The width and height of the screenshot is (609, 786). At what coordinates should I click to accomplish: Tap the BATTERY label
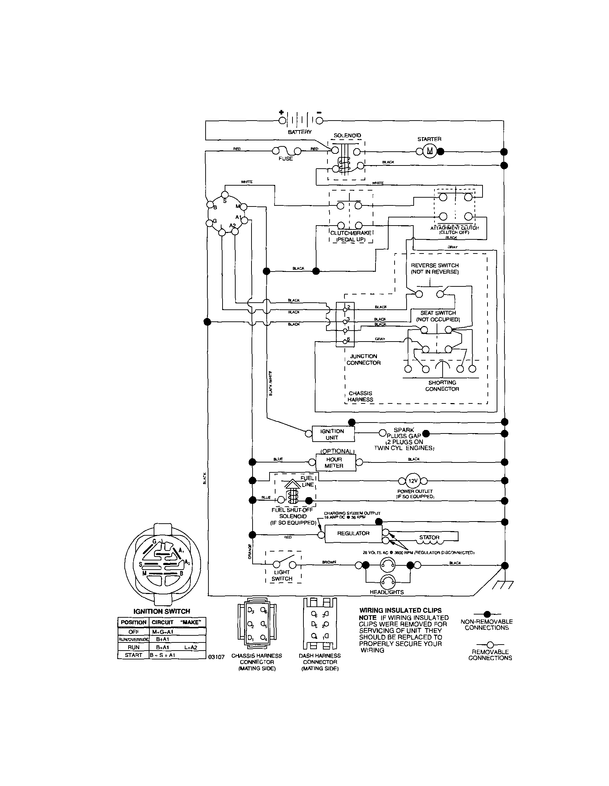tap(300, 132)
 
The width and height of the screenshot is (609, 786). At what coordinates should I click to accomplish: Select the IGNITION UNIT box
tap(333, 434)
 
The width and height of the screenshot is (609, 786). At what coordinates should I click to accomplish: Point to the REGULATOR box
tap(353, 533)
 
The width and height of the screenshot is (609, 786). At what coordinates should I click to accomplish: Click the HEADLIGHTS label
tap(386, 592)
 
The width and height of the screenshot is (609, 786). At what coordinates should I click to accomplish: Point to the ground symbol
tap(503, 584)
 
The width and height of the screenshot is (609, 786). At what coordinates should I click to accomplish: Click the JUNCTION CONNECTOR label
tap(363, 360)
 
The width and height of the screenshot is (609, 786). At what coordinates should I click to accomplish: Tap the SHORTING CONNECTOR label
tap(442, 386)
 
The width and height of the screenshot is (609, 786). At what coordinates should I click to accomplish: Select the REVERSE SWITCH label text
tap(434, 268)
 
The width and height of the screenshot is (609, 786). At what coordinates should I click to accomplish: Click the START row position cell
tap(134, 655)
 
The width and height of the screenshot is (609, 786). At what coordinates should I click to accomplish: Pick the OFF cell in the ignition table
tap(134, 632)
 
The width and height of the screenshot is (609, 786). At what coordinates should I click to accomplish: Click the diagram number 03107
tap(217, 657)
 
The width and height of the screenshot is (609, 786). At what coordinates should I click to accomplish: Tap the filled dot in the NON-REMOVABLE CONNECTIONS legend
tap(487, 614)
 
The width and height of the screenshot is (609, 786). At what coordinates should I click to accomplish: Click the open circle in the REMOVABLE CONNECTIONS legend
tap(490, 645)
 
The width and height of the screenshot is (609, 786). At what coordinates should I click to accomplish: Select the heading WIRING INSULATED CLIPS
tap(400, 610)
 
